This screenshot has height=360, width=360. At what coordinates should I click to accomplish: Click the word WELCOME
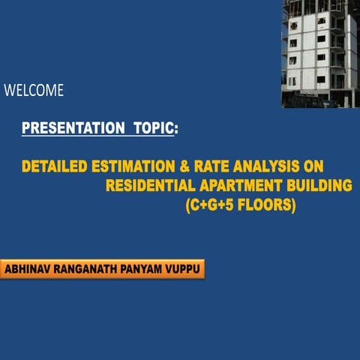tap(34, 90)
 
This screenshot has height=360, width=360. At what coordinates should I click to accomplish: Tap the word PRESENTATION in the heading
tap(73, 127)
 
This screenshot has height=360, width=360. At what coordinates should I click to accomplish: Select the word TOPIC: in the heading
tap(156, 127)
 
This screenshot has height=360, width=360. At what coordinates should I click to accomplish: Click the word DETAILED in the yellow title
tap(55, 166)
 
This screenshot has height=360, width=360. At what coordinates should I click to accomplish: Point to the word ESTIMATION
tap(133, 166)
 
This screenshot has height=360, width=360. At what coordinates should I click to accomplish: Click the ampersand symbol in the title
tap(184, 166)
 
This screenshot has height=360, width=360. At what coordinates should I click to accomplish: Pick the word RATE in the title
tap(211, 166)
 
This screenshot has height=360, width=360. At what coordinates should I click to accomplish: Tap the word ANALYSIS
tap(266, 166)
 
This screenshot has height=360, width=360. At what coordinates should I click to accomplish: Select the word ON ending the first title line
tap(313, 166)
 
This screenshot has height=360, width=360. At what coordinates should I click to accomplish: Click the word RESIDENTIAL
tap(151, 185)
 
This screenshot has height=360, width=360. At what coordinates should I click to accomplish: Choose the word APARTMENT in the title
tap(241, 185)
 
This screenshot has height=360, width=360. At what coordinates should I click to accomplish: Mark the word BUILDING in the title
tap(319, 185)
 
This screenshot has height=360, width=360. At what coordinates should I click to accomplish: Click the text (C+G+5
tap(209, 205)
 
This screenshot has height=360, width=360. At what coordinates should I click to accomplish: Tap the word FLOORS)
tap(267, 205)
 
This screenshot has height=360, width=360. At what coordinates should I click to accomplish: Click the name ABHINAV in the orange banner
tap(27, 269)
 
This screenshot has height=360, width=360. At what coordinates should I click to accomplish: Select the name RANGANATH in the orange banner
tap(85, 269)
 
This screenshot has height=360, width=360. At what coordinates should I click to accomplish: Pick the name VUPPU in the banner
tap(182, 269)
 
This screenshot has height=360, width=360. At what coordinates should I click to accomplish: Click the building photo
tap(321, 54)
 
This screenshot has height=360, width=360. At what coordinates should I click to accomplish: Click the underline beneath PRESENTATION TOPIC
tap(98, 136)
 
